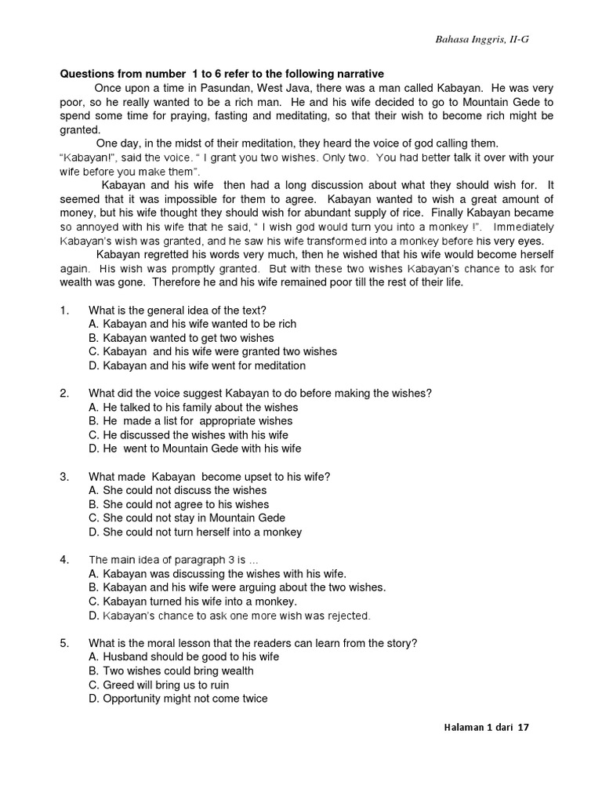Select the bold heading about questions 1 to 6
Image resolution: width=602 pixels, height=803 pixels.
point(222,74)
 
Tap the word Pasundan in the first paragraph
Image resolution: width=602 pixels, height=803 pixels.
point(219,88)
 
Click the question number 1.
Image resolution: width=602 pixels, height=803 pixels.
point(65,310)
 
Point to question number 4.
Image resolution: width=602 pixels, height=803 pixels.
point(65,559)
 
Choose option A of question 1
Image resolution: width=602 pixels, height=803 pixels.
point(192,324)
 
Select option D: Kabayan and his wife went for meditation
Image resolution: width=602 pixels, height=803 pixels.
point(197,365)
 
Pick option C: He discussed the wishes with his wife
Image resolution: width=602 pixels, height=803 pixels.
point(188,434)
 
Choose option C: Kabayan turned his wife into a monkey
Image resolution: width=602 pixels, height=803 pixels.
point(192,601)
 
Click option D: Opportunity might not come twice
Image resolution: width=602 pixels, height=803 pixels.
point(178,698)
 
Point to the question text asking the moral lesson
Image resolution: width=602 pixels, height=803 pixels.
point(252,642)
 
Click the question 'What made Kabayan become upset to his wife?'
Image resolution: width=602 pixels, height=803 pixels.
point(209,476)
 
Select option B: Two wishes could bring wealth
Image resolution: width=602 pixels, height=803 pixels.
point(171,670)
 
